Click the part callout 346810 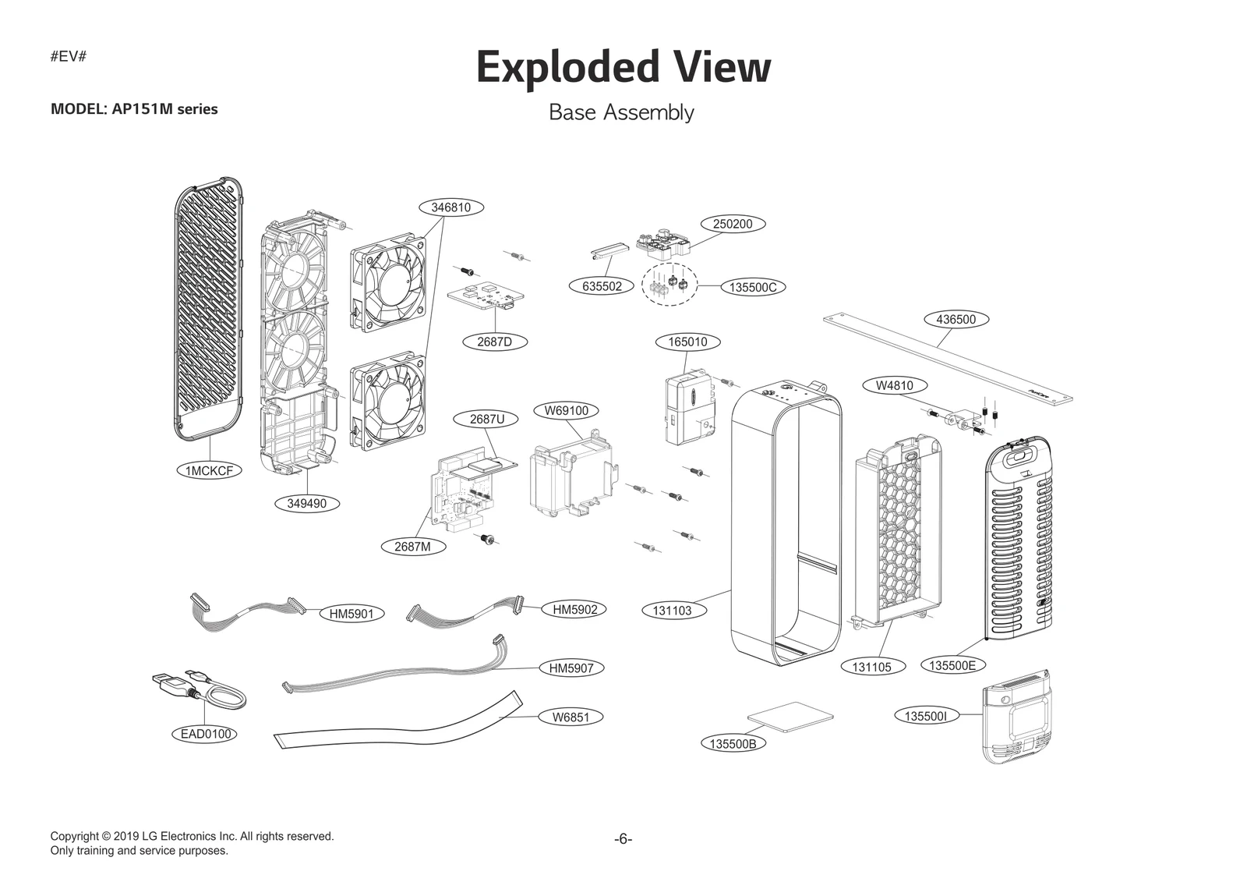[x=450, y=207]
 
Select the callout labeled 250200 [x=733, y=224]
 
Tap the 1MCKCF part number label [x=209, y=470]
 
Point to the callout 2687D [x=494, y=342]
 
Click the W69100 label [x=567, y=410]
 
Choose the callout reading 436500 [x=956, y=319]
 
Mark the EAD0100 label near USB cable [x=206, y=734]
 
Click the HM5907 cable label [x=571, y=668]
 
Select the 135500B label [x=732, y=743]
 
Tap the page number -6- [x=623, y=839]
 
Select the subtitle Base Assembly [x=621, y=112]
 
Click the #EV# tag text [x=68, y=57]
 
